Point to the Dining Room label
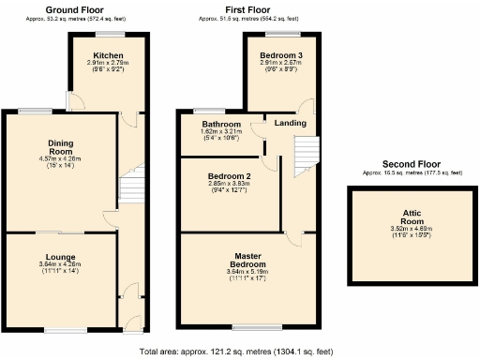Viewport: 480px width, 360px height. click(x=61, y=146)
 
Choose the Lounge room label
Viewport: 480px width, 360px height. click(x=60, y=256)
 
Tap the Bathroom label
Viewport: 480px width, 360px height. click(x=221, y=124)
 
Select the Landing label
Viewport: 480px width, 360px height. click(x=289, y=122)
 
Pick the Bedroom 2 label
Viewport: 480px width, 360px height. click(x=229, y=175)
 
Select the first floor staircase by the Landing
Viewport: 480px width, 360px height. click(x=306, y=156)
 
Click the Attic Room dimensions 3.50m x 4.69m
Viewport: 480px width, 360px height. click(x=412, y=229)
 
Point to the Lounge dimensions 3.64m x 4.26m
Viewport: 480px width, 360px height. click(x=60, y=265)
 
